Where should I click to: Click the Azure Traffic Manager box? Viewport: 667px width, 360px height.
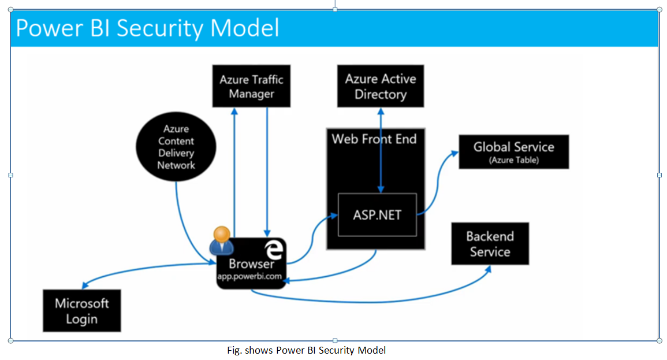(251, 86)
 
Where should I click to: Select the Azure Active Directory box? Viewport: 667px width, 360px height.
(381, 86)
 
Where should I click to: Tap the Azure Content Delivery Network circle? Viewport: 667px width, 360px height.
(176, 147)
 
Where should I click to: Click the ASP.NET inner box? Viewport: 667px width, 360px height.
(377, 214)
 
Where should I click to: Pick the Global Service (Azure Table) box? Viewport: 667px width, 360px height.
(513, 152)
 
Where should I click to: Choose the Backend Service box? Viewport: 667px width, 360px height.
(490, 244)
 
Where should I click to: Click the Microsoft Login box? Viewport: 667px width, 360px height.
(81, 311)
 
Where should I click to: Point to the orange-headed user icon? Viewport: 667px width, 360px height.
(222, 240)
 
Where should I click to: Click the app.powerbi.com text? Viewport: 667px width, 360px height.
(249, 277)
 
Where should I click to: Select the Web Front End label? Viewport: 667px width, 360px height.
(374, 139)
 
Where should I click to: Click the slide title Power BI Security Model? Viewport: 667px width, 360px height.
(147, 28)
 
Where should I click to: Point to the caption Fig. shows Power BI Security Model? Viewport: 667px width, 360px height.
(306, 350)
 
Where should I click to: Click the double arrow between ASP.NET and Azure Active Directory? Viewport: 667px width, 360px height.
(380, 150)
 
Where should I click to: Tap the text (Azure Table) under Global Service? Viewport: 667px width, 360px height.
(513, 160)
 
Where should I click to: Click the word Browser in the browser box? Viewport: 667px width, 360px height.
(251, 264)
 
